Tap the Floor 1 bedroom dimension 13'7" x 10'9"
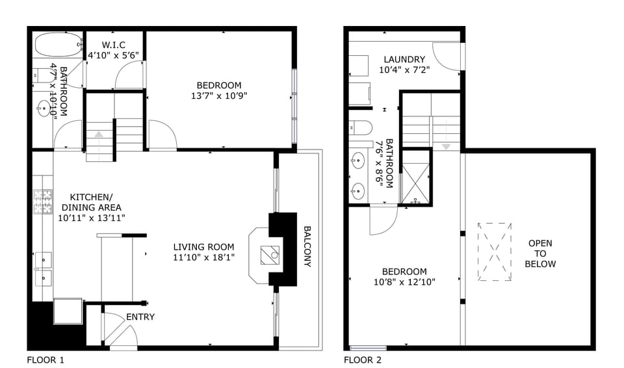click(219, 96)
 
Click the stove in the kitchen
click(43, 202)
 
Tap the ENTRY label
click(140, 317)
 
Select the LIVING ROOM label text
click(203, 247)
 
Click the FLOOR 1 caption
click(45, 359)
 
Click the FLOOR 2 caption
click(363, 359)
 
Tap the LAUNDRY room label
click(404, 59)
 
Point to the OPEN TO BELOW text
click(541, 254)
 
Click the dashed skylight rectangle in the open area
click(495, 252)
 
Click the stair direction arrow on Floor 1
click(99, 134)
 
